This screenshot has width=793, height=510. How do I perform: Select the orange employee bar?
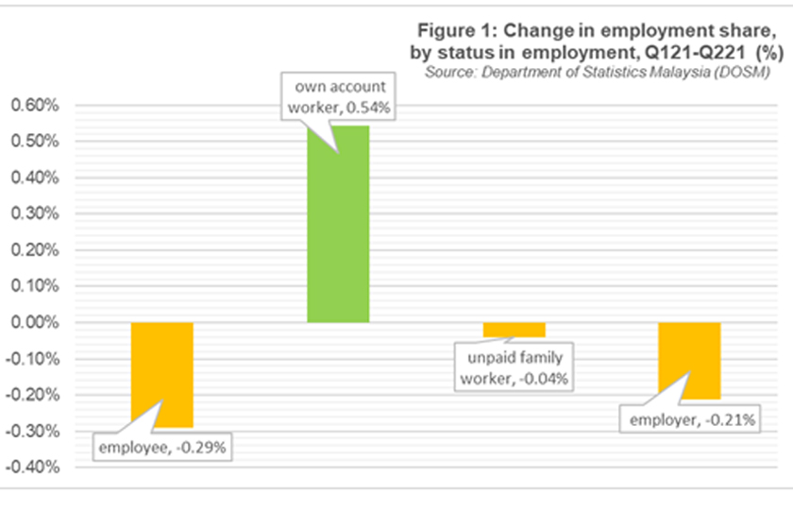161,374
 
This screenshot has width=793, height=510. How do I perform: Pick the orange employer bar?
689,360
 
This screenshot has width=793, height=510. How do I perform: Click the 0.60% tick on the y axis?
34,106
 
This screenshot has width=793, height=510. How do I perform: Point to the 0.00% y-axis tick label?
34,323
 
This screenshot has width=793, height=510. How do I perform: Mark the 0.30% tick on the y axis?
34,214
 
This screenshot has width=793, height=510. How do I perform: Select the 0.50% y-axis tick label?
34,142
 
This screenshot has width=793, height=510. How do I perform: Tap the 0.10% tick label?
34,287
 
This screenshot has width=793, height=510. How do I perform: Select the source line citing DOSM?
598,72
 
